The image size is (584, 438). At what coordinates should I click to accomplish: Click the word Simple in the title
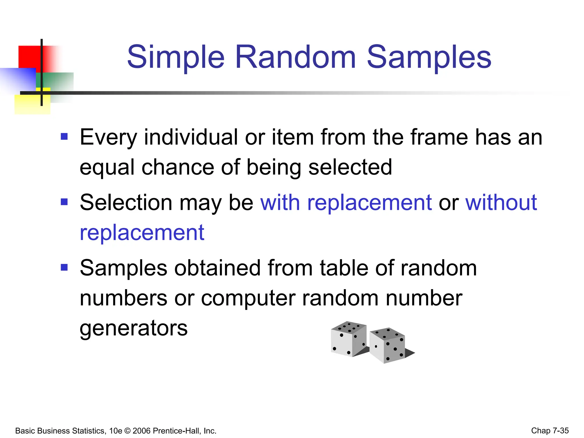tap(176, 58)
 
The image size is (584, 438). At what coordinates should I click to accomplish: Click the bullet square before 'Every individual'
tap(64, 137)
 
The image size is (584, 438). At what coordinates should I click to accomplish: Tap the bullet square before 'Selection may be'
tap(64, 202)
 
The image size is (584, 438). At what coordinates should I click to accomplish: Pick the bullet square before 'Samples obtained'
tap(64, 267)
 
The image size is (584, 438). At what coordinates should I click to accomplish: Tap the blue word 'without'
tap(501, 202)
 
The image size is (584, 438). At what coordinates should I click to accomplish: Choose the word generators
tap(133, 328)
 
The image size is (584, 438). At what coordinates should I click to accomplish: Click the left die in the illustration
tap(348, 339)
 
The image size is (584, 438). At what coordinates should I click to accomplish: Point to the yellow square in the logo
tap(31, 104)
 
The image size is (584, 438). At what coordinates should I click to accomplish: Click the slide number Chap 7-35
tap(550, 431)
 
